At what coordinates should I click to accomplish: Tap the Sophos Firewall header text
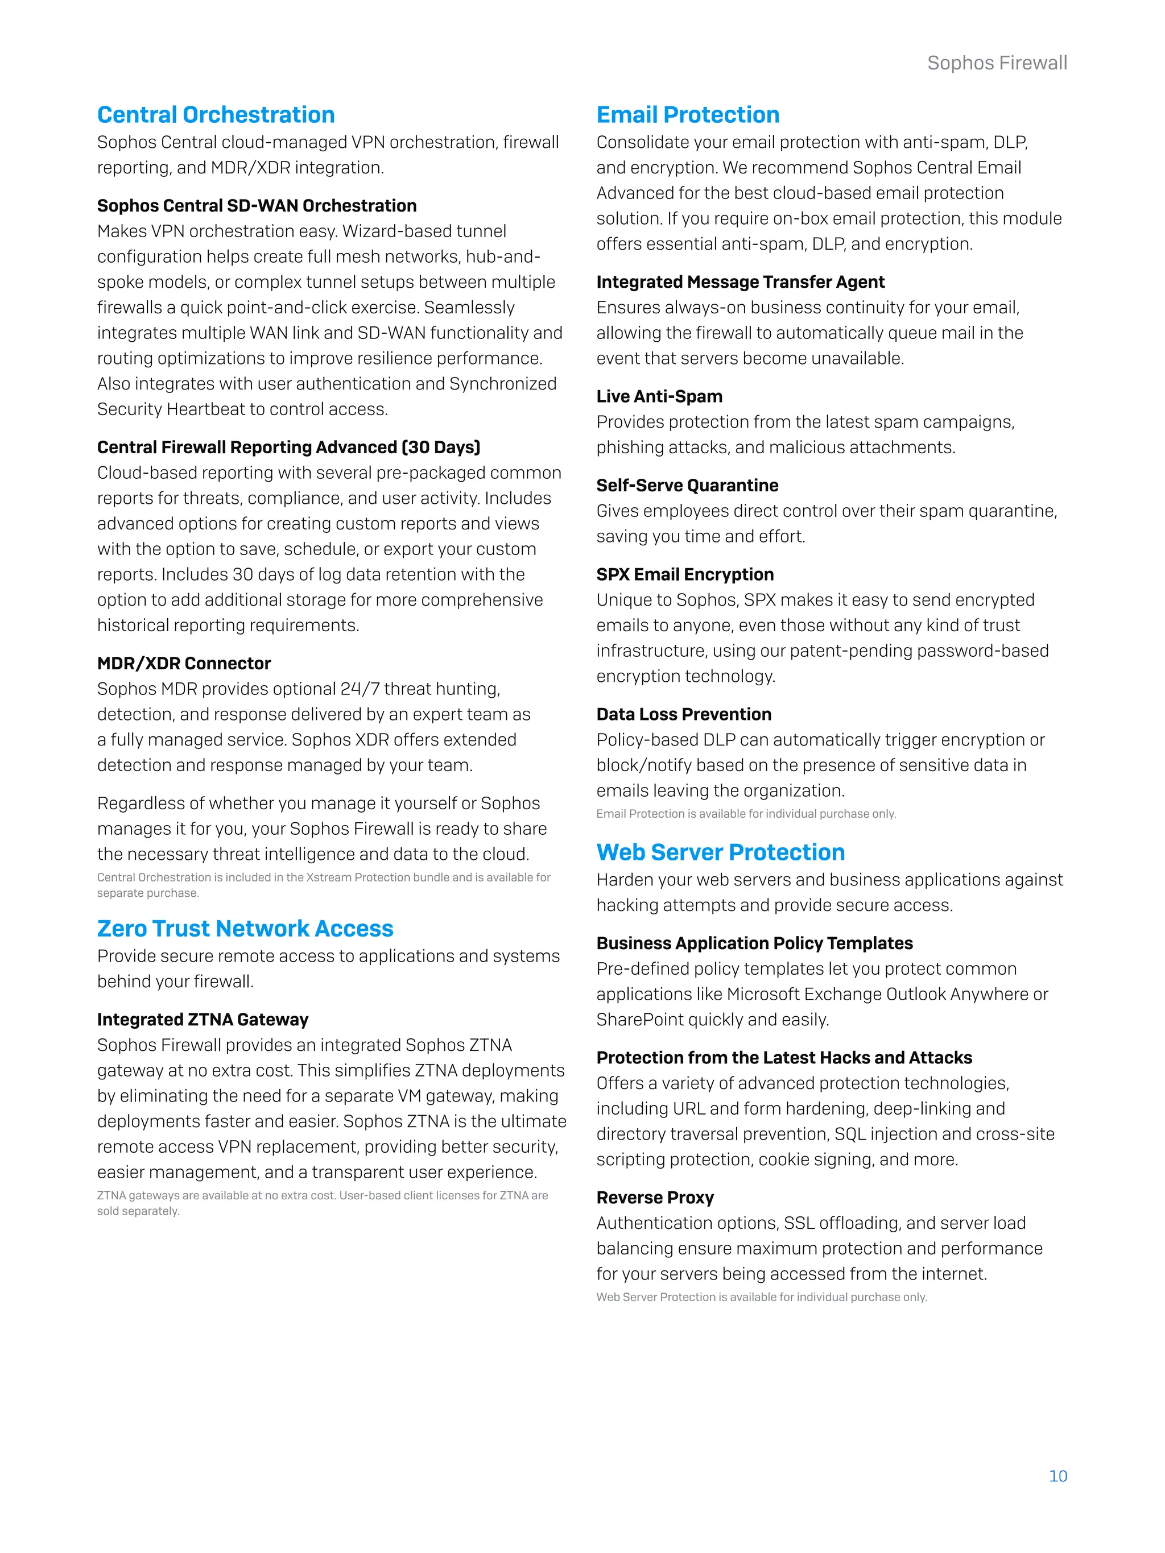click(997, 63)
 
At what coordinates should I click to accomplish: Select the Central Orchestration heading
click(216, 114)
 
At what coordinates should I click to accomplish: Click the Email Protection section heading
click(688, 114)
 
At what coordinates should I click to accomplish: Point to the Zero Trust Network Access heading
click(245, 928)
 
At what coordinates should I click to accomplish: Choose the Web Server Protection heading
click(721, 852)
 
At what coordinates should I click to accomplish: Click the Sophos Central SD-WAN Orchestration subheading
click(257, 206)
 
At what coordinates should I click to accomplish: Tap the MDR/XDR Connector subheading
click(184, 664)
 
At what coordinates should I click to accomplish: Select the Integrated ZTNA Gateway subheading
click(203, 1020)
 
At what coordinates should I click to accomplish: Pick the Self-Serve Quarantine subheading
click(687, 485)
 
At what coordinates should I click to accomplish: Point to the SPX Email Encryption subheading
click(685, 574)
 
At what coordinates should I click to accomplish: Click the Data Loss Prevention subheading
click(683, 714)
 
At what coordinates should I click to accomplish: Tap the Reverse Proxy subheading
click(655, 1197)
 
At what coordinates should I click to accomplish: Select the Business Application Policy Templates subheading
click(754, 943)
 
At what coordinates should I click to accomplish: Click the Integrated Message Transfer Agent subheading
click(740, 281)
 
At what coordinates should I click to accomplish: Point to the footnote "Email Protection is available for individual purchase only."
click(746, 814)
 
